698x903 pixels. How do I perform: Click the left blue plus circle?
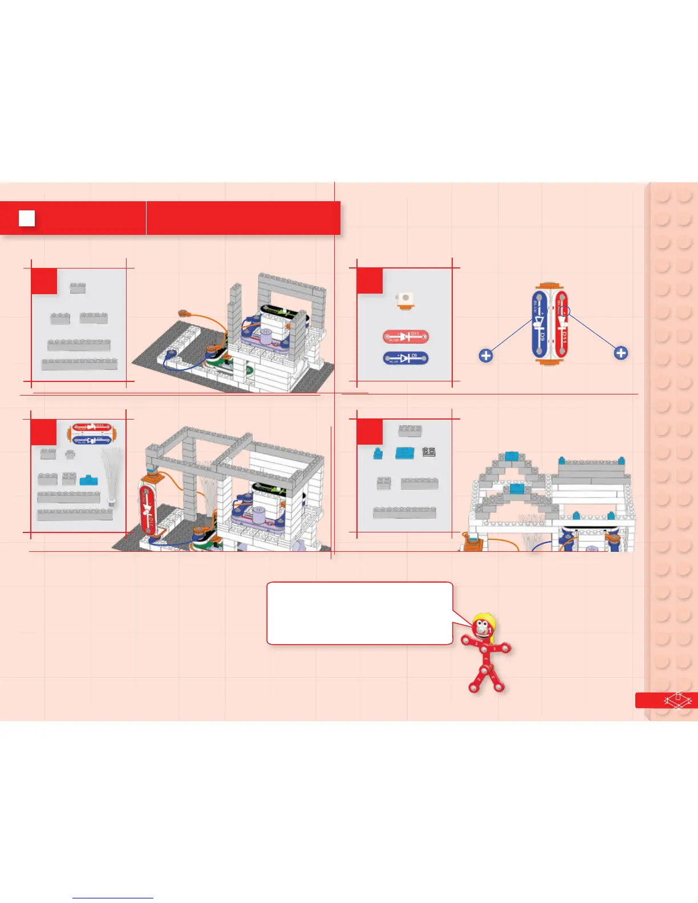(x=486, y=356)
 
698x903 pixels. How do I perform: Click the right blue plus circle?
(x=621, y=353)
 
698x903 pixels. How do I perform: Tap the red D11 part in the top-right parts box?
(x=405, y=337)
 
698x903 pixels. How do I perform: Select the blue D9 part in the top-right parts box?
(x=405, y=359)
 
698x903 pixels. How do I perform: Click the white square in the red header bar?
(x=27, y=218)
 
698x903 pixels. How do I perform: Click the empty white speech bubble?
(x=359, y=613)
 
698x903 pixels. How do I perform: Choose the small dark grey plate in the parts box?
(x=429, y=452)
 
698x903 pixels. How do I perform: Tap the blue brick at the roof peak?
(x=511, y=457)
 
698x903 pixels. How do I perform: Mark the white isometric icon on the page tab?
(x=677, y=700)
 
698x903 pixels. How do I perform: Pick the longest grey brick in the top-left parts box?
(x=79, y=363)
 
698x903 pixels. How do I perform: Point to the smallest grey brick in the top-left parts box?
(x=78, y=288)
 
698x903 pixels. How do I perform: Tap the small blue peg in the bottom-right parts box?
(x=377, y=454)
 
